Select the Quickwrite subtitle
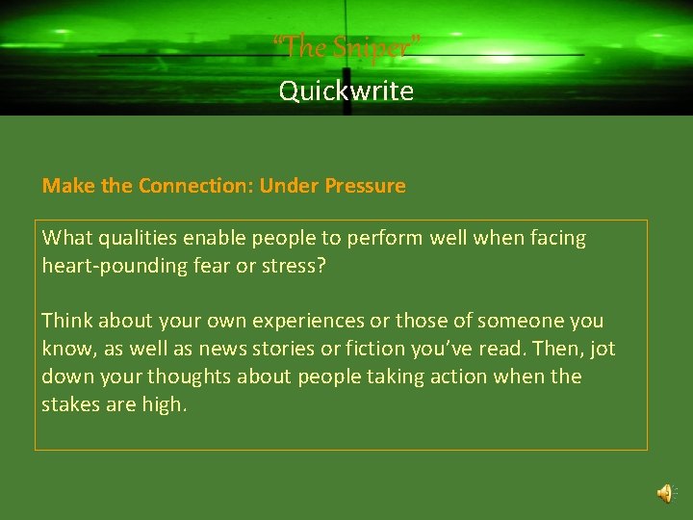pyautogui.click(x=346, y=91)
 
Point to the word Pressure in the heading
pyautogui.click(x=365, y=186)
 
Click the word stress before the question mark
pyautogui.click(x=295, y=265)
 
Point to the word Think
pyautogui.click(x=66, y=321)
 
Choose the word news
pyautogui.click(x=221, y=349)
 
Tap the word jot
pyautogui.click(x=601, y=349)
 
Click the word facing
pyautogui.click(x=554, y=238)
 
